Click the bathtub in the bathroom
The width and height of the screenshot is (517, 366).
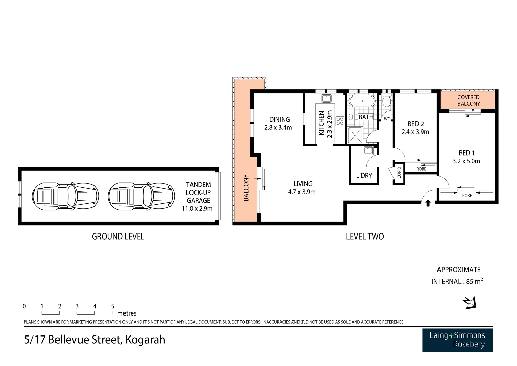(362, 101)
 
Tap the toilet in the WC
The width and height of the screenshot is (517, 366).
(386, 101)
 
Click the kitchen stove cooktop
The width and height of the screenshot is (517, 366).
(340, 121)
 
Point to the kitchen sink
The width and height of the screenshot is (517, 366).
(327, 98)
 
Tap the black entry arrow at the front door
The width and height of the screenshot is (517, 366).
(428, 203)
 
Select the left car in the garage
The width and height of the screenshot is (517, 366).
(66, 196)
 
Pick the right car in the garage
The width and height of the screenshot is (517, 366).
(141, 196)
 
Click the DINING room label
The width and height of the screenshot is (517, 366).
(279, 119)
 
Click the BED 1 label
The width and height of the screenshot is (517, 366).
(466, 153)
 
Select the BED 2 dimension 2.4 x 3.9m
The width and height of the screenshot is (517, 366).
(415, 132)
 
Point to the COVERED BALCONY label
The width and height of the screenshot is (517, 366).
(468, 100)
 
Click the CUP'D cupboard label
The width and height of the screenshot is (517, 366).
(399, 172)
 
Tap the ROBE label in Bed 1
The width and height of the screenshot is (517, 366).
(467, 196)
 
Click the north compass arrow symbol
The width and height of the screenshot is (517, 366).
(470, 303)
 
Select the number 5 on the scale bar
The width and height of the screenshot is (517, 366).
(113, 306)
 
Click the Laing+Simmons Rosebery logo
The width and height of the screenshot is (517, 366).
(457, 340)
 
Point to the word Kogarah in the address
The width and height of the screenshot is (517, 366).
(145, 340)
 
